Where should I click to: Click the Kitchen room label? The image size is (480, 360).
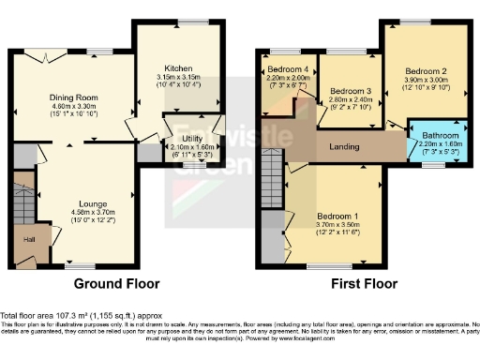[178, 68]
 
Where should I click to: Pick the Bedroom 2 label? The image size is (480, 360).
[427, 70]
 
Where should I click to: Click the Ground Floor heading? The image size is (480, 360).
[117, 283]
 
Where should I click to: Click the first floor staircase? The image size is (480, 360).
[271, 176]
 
